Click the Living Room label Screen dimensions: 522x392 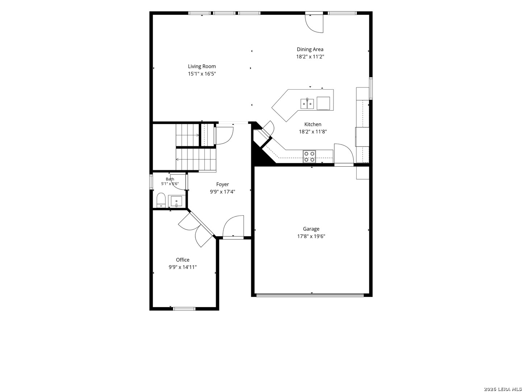click(202, 66)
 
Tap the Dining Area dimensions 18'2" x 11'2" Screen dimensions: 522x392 click(310, 57)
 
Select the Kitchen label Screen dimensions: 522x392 click(313, 124)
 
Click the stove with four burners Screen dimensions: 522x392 click(310, 157)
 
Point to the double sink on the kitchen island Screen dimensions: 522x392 click(307, 104)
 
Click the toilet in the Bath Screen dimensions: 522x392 click(161, 200)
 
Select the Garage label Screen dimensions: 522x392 click(311, 229)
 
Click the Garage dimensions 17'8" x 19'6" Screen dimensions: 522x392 click(311, 236)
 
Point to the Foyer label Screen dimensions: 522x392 click(223, 184)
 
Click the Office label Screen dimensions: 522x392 click(183, 260)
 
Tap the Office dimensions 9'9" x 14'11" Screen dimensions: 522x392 click(183, 267)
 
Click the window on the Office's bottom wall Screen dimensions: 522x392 click(184, 309)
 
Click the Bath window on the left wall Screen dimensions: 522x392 click(151, 182)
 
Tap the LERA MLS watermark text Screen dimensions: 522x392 click(502, 389)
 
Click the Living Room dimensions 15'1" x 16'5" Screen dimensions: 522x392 click(202, 74)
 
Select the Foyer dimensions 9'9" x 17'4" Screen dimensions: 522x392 click(223, 192)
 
